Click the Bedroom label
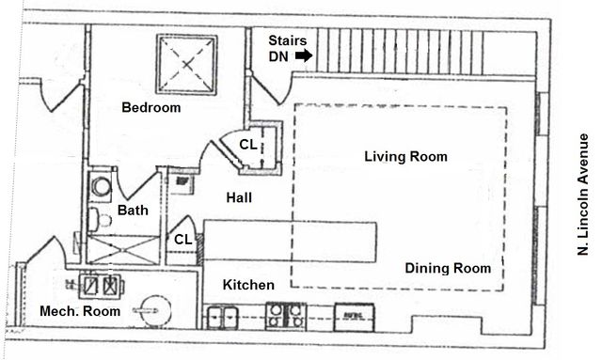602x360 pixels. pos(150,108)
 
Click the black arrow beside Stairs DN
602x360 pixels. pos(304,56)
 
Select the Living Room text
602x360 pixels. pos(405,157)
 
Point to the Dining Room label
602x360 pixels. pos(447,269)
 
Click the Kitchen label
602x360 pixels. pos(248,285)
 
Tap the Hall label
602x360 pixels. pos(239,197)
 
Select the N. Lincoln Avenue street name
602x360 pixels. pos(584,193)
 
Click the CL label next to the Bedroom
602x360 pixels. pos(247,145)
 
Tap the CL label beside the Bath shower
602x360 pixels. pos(182,240)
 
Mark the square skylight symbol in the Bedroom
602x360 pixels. pos(186,64)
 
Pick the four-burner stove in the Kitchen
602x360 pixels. pos(284,315)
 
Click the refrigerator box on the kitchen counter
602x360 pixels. pos(356,316)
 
